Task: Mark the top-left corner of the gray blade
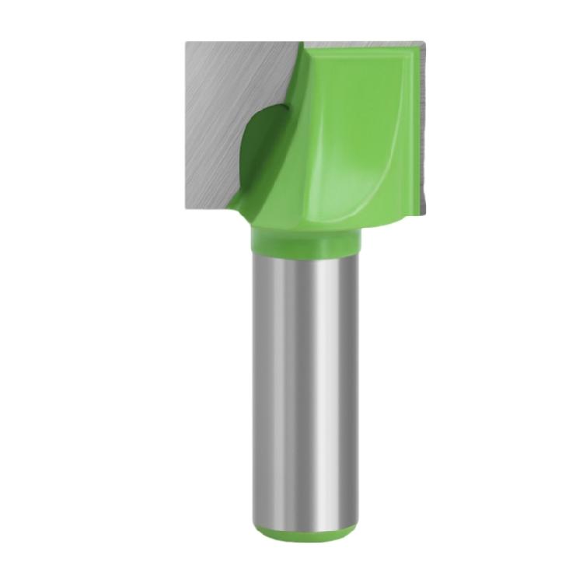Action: coord(187,42)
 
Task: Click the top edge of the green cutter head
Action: coord(358,45)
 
